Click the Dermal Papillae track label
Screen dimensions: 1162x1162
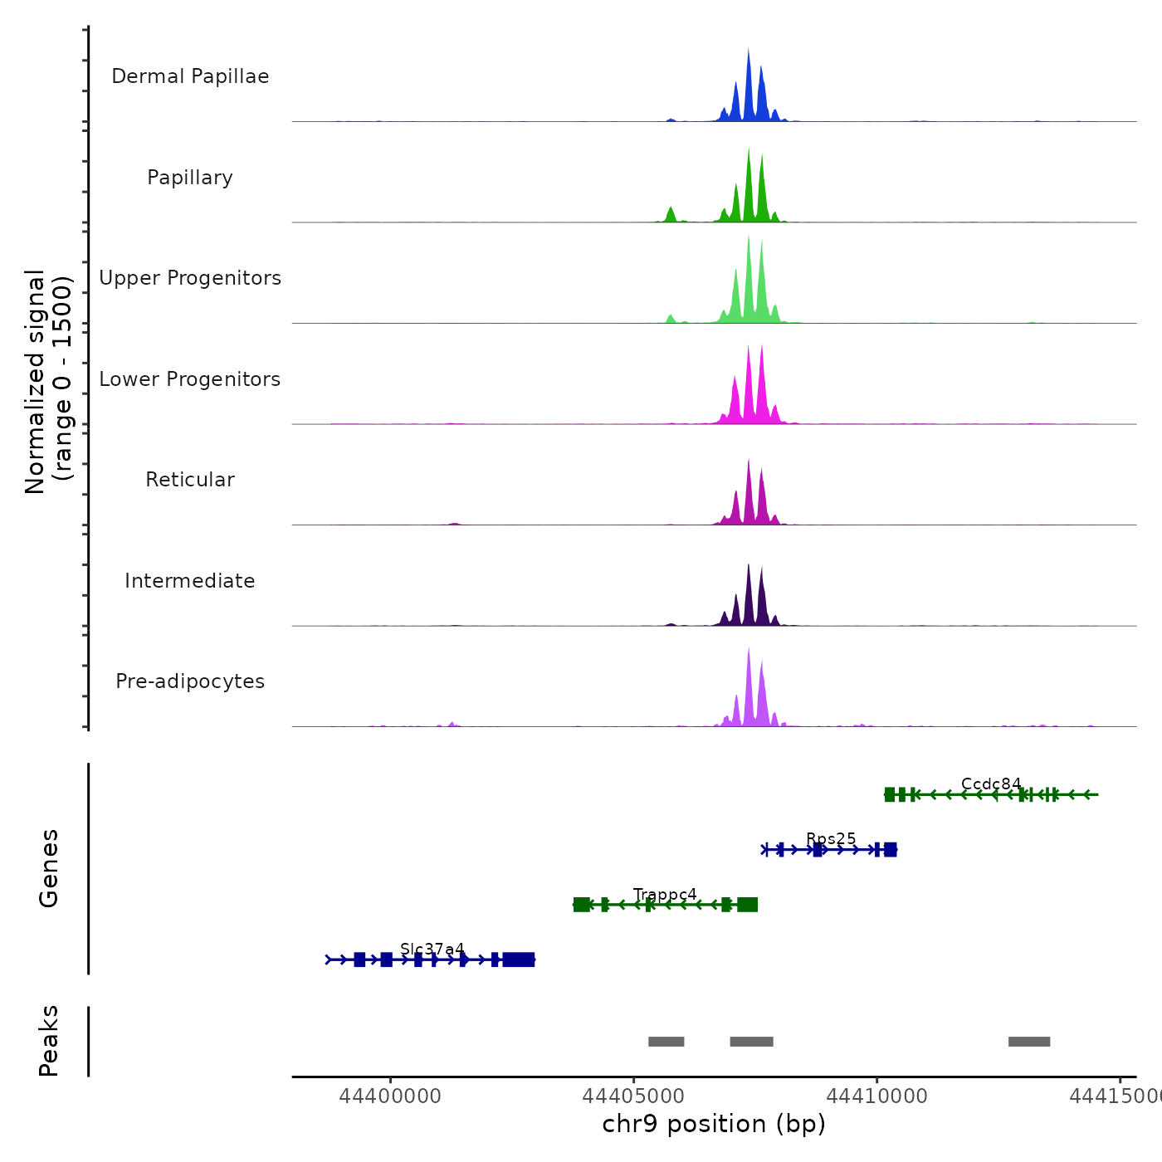click(190, 76)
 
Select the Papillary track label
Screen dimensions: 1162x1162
click(190, 178)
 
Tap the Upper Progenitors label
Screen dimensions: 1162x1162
click(190, 278)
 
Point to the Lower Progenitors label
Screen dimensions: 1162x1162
click(190, 379)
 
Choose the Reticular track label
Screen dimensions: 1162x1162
click(190, 480)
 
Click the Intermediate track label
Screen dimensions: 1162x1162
click(190, 581)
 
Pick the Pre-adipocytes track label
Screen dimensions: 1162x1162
click(190, 681)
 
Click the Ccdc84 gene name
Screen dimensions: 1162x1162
click(991, 784)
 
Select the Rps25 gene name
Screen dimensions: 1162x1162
click(831, 839)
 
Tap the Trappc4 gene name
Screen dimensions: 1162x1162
click(665, 895)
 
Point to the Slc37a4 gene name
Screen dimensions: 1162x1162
click(432, 950)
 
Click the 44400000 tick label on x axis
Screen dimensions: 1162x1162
click(390, 1096)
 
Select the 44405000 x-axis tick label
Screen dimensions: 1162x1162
click(634, 1096)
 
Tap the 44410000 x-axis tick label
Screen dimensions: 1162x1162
click(877, 1096)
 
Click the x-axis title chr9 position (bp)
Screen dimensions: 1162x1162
click(714, 1124)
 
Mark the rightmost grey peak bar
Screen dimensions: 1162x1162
click(1029, 1042)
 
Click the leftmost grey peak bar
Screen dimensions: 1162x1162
click(666, 1042)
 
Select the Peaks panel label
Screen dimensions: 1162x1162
click(49, 1041)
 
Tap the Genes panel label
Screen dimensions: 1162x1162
click(49, 868)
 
